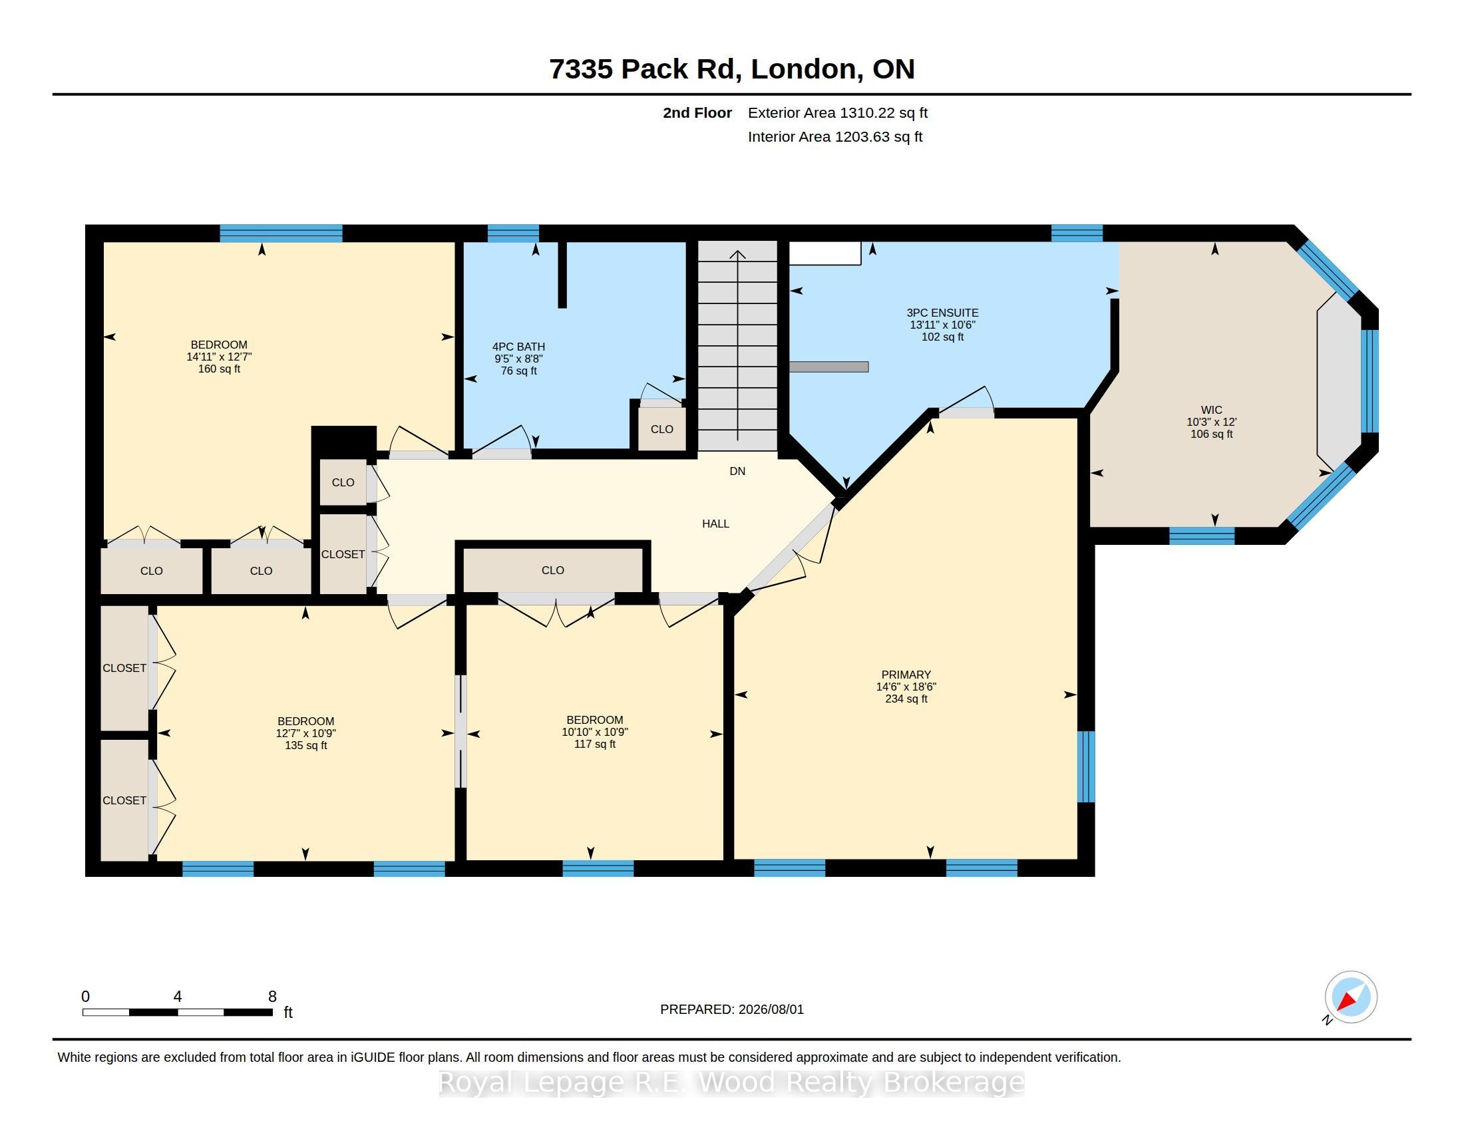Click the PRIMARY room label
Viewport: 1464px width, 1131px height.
coord(906,675)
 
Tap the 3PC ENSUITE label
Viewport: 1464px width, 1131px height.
coord(942,313)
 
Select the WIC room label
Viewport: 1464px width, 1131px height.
coord(1211,410)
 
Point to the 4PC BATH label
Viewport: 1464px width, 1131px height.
coord(519,347)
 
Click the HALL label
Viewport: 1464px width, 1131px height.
coord(716,524)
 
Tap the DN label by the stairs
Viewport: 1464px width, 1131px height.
coord(737,472)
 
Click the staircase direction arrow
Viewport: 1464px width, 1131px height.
coord(738,345)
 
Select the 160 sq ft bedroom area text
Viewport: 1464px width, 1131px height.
coord(219,369)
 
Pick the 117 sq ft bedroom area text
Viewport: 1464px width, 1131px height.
coord(594,744)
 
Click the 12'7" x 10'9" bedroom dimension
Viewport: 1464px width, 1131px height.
coord(305,734)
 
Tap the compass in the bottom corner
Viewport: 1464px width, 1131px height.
coord(1350,997)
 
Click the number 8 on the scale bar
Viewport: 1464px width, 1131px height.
coord(272,997)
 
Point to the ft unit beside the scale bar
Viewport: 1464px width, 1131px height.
coord(288,1013)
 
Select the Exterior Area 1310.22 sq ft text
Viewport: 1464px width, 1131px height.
coord(838,113)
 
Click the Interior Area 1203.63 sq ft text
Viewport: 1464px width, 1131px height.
coord(835,137)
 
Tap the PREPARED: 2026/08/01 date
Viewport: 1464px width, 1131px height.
coord(732,1010)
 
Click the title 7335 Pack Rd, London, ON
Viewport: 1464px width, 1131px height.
coord(732,69)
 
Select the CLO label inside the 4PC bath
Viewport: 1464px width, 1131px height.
coord(661,430)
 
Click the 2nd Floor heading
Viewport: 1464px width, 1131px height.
coord(697,113)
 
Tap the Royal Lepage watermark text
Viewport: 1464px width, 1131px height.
coord(732,1082)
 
